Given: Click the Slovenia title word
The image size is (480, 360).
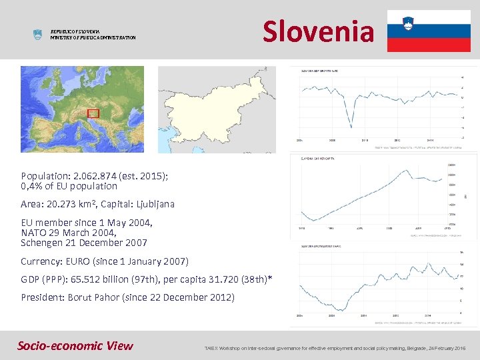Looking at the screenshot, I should pyautogui.click(x=318, y=31).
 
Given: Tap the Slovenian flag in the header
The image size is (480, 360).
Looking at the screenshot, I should pyautogui.click(x=428, y=31).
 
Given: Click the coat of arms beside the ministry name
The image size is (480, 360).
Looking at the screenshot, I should pyautogui.click(x=37, y=35).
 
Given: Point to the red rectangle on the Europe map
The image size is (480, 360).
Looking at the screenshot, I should pyautogui.click(x=93, y=113).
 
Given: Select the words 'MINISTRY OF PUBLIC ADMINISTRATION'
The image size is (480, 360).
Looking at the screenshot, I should pyautogui.click(x=93, y=38).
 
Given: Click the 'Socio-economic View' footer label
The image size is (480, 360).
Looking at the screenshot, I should pyautogui.click(x=75, y=345).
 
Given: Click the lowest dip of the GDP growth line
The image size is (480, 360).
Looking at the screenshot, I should pyautogui.click(x=351, y=126).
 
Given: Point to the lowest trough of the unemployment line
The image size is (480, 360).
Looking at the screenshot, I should pyautogui.click(x=340, y=310).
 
